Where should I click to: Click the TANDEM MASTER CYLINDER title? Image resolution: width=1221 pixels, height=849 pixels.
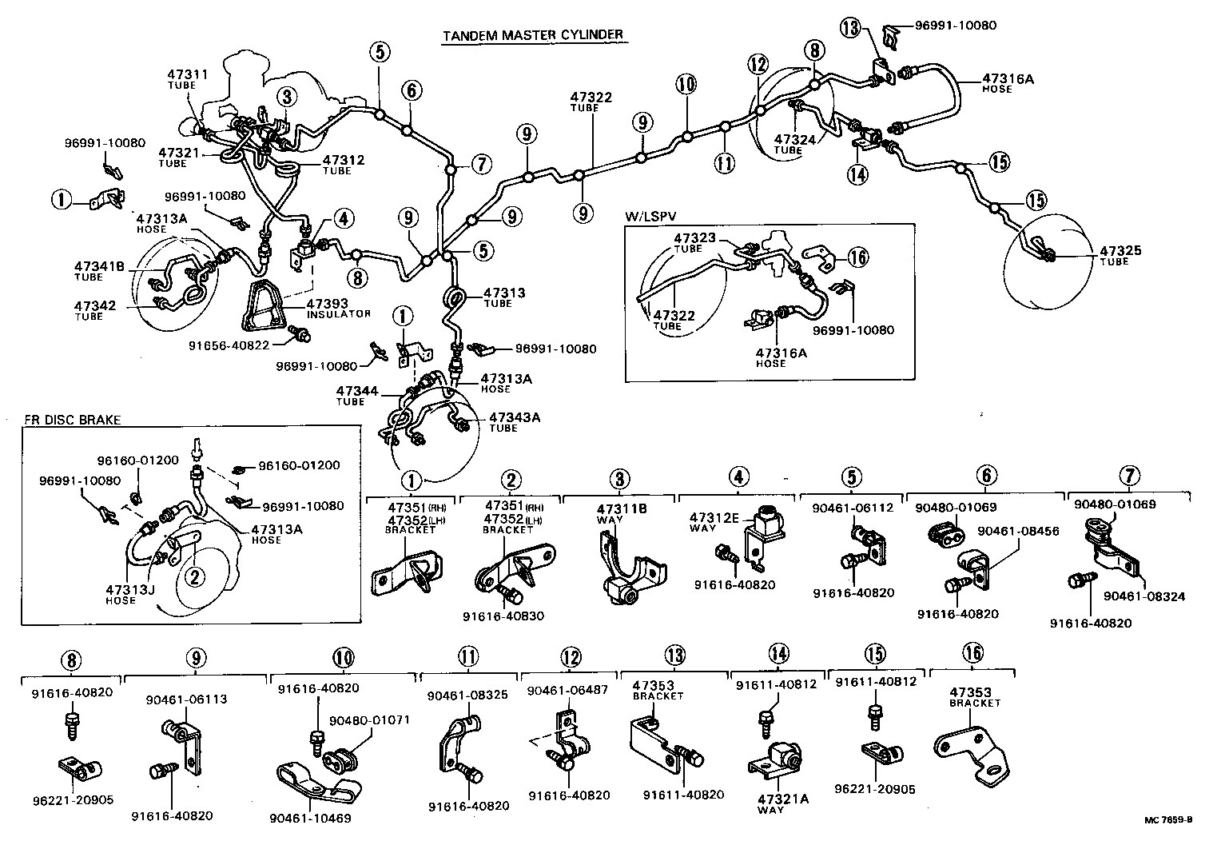pyautogui.click(x=532, y=35)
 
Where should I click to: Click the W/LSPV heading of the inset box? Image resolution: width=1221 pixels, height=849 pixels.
pyautogui.click(x=648, y=217)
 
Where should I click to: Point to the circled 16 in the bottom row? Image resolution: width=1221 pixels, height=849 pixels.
pyautogui.click(x=973, y=653)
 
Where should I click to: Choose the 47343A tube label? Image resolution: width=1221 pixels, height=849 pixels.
pyautogui.click(x=515, y=417)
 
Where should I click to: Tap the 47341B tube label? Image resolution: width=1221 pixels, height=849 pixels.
pyautogui.click(x=100, y=266)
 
